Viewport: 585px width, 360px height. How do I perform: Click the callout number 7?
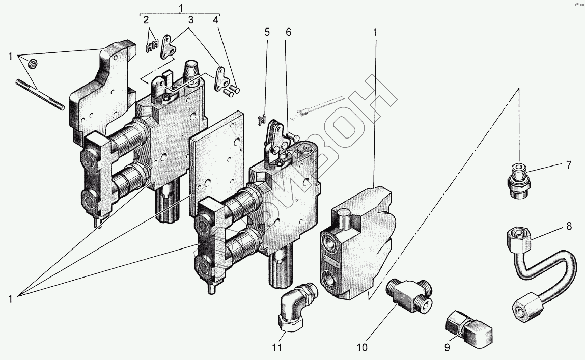coord(568,165)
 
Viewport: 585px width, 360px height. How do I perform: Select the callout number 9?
coord(447,348)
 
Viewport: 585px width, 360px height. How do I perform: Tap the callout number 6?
coord(289,32)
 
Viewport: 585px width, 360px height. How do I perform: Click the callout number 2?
coord(146,20)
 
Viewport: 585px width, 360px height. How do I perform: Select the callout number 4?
coord(216,20)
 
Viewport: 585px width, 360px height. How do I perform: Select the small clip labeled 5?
coord(263,119)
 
